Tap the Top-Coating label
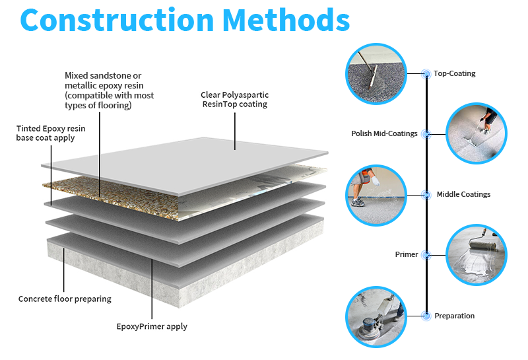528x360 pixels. tap(454, 73)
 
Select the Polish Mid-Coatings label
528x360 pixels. tap(384, 133)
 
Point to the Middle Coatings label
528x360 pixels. tap(463, 194)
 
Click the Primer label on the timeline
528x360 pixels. tap(406, 254)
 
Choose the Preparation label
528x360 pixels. tap(454, 316)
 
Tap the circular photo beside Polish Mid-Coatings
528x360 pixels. tap(477, 133)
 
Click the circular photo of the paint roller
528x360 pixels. tap(477, 254)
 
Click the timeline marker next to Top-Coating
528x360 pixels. tap(426, 73)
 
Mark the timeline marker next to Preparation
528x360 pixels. tap(426, 316)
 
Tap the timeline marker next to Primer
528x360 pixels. tap(426, 254)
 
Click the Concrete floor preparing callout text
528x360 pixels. tap(65, 299)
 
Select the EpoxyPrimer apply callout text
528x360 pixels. tap(152, 326)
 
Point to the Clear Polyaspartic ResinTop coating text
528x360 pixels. tap(234, 100)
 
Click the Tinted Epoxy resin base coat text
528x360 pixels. tap(46, 133)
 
